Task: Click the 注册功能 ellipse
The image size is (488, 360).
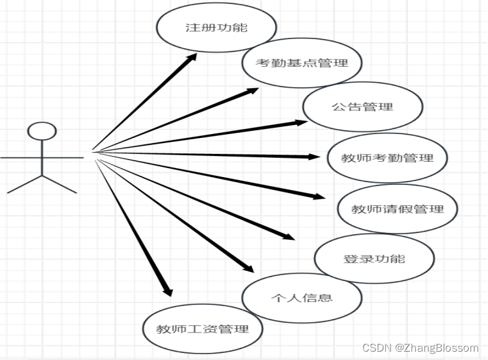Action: pyautogui.click(x=216, y=28)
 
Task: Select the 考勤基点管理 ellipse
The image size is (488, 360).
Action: pyautogui.click(x=301, y=63)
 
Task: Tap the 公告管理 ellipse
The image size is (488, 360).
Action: pyautogui.click(x=362, y=107)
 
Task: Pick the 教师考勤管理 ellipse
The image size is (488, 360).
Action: pyautogui.click(x=387, y=158)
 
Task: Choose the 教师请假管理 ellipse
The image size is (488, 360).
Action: pyautogui.click(x=398, y=209)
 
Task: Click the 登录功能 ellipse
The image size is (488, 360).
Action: pyautogui.click(x=374, y=259)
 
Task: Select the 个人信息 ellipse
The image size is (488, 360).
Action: pyautogui.click(x=301, y=298)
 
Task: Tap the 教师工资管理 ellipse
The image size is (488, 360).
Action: pyautogui.click(x=203, y=329)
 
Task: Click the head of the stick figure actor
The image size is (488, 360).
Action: pyautogui.click(x=42, y=131)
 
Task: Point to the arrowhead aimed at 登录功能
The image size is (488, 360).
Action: pyautogui.click(x=289, y=237)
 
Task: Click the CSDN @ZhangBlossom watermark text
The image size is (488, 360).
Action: pyautogui.click(x=420, y=348)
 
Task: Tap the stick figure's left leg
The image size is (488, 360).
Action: pyautogui.click(x=24, y=184)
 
